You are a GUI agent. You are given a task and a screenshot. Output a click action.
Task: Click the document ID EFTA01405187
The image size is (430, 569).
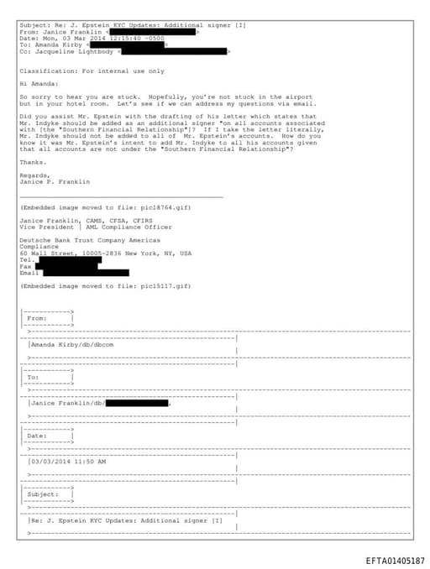(x=395, y=561)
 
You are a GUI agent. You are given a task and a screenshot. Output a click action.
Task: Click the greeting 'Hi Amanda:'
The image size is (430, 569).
(x=39, y=84)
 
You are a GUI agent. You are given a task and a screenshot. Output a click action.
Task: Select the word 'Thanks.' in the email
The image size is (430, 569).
(x=33, y=162)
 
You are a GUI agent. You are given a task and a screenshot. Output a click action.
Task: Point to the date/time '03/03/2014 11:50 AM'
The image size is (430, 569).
(x=69, y=461)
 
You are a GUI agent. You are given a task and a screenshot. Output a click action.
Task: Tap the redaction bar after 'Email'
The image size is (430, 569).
(x=85, y=273)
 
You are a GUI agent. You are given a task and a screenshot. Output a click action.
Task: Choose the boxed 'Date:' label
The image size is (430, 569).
(x=38, y=436)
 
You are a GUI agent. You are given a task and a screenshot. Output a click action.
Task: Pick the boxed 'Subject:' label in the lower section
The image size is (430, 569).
(x=44, y=494)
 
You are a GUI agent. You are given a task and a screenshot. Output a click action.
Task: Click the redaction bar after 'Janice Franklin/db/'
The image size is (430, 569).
(x=136, y=403)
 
